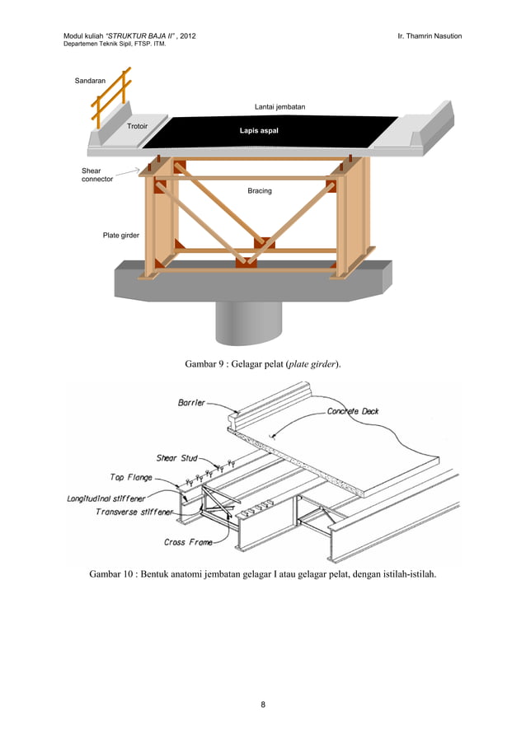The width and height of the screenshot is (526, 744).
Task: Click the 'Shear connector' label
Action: [96, 175]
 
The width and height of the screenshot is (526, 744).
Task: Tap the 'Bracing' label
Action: [260, 191]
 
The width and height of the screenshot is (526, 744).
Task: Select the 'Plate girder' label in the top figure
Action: [120, 236]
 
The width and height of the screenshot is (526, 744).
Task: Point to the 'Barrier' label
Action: [192, 403]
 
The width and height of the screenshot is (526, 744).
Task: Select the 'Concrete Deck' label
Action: [353, 411]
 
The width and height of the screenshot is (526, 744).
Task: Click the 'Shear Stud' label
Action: [177, 458]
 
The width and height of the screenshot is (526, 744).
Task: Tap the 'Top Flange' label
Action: [131, 477]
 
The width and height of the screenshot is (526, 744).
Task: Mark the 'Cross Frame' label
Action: [188, 542]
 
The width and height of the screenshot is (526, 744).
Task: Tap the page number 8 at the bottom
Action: [263, 705]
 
